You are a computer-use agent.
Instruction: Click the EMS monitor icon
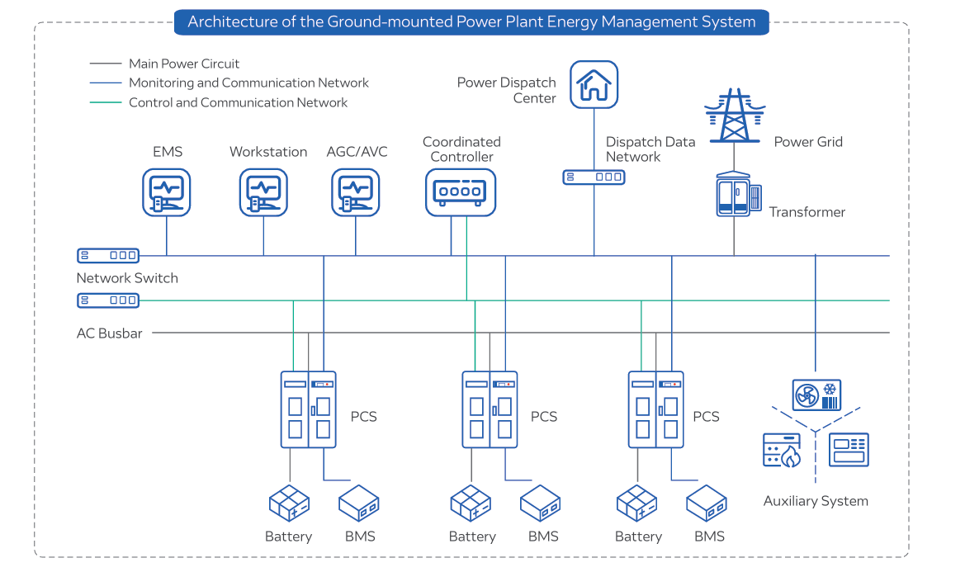(166, 192)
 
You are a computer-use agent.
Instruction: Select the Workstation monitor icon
(264, 192)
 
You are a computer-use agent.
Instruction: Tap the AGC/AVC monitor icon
(356, 192)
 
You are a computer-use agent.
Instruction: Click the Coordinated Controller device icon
(461, 191)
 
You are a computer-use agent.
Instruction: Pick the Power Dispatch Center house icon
(594, 84)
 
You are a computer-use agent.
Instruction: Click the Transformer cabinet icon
(734, 196)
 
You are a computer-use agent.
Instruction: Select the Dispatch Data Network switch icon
(594, 177)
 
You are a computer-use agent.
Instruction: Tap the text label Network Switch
(127, 278)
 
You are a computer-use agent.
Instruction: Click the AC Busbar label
(110, 333)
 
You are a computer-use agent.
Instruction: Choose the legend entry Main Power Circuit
(183, 64)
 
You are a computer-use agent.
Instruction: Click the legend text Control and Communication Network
(238, 103)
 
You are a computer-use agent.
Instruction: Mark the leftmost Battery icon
(289, 503)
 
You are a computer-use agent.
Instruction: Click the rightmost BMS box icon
(707, 503)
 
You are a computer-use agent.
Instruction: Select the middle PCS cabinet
(490, 409)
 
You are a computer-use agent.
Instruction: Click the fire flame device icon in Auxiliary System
(781, 450)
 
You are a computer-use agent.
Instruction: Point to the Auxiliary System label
(816, 501)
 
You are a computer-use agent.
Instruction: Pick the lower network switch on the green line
(108, 300)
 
